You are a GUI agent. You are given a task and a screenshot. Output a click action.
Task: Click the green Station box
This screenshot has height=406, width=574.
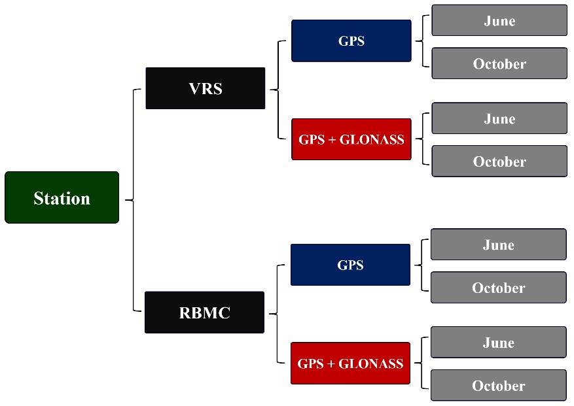coord(62,197)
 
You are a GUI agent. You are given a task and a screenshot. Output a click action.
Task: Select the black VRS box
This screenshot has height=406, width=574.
coord(205,88)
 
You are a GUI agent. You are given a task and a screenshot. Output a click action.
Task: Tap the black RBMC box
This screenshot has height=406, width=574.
coord(204,313)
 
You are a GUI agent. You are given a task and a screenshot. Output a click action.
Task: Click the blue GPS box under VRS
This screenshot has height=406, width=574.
coord(351,41)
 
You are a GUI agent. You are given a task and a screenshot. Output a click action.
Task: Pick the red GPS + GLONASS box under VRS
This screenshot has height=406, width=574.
coord(351,139)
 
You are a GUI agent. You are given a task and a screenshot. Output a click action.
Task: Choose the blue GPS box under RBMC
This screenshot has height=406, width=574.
coord(350,265)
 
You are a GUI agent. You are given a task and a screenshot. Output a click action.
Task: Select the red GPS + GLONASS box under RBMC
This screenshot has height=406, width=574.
coord(350,364)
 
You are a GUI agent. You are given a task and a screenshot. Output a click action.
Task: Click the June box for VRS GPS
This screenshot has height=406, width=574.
coord(499,20)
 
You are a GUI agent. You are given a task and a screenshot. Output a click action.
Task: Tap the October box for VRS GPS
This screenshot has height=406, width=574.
coord(499,63)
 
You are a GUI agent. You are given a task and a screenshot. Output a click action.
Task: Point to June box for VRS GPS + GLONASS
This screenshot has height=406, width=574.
coord(499,118)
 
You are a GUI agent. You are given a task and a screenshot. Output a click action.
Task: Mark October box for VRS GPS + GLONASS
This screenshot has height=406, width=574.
coord(499,161)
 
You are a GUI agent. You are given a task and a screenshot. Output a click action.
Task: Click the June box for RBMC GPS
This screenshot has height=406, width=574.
coord(498,245)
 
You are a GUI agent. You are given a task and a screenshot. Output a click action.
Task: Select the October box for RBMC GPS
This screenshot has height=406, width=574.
coord(498,288)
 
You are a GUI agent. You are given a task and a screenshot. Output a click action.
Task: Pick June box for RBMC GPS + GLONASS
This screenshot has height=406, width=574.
coord(498,343)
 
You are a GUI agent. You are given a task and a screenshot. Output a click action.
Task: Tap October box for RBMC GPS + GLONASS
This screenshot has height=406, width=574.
coord(498,386)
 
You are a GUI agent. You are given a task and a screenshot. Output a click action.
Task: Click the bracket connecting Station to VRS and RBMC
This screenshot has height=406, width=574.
coord(134,200)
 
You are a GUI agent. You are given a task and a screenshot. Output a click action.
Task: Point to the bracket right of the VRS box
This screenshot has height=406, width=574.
coord(279,90)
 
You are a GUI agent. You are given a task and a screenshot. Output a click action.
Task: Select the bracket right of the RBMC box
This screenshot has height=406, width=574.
coord(278,314)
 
